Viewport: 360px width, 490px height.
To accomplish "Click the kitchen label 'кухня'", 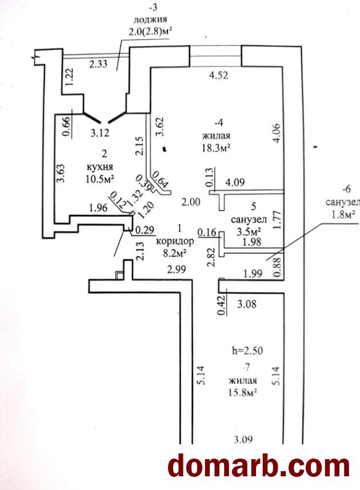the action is click(x=100, y=167).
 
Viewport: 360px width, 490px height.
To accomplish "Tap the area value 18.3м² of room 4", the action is click(x=217, y=147).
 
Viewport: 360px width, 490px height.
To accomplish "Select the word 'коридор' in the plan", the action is click(x=175, y=241).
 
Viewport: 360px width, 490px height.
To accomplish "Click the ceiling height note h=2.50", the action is click(x=247, y=351).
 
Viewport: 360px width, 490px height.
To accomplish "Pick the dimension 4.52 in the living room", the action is click(x=218, y=75).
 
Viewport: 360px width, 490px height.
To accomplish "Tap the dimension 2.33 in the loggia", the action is click(x=98, y=65).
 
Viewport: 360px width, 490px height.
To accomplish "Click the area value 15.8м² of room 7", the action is click(x=243, y=392).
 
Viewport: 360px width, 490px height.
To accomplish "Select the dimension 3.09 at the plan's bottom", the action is click(x=243, y=439).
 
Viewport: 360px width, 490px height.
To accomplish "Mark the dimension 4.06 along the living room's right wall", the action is click(x=277, y=134).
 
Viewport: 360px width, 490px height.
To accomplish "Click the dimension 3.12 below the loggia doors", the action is click(x=100, y=133).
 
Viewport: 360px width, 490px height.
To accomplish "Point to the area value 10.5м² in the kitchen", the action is click(x=99, y=179).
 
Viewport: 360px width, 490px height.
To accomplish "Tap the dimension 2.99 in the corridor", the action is click(x=177, y=269).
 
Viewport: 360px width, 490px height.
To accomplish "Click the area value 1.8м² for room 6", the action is click(x=342, y=215).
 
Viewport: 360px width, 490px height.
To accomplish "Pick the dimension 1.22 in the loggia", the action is click(x=70, y=77).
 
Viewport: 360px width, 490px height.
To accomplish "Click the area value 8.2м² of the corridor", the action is click(x=175, y=252).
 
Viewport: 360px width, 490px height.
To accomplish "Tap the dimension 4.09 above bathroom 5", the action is click(x=235, y=182).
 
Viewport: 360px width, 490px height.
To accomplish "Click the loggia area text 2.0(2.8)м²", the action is click(x=150, y=31).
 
